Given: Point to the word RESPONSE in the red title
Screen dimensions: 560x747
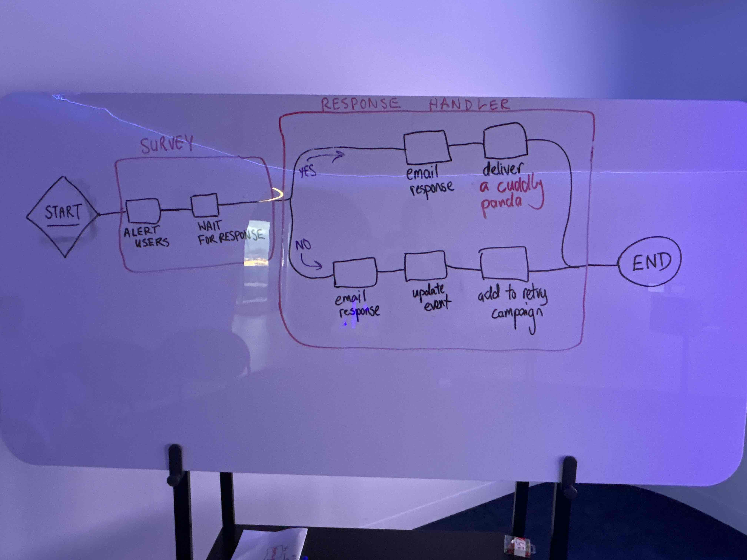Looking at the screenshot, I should tap(360, 104).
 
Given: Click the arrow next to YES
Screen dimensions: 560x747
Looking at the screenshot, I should tap(326, 156).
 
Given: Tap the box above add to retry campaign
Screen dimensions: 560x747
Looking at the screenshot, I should tap(504, 264).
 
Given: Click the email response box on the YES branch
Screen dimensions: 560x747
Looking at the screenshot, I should tap(427, 148).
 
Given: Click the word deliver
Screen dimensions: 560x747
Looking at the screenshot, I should tap(502, 169).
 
